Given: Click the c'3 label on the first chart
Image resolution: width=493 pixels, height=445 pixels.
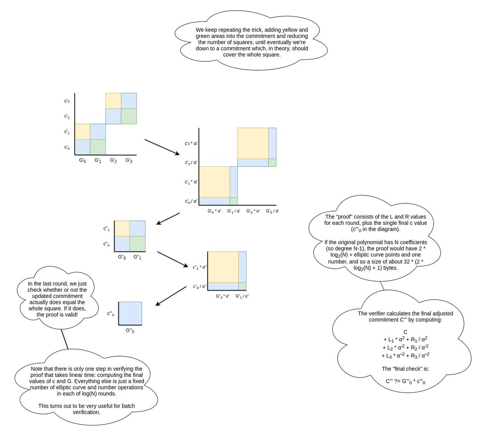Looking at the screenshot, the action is tap(67, 101).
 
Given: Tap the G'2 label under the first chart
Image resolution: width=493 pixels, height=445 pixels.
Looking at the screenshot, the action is tap(113, 161).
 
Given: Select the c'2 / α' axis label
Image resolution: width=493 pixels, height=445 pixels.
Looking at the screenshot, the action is tap(191, 163).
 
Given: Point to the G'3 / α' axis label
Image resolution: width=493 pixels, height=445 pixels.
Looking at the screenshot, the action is tap(272, 211).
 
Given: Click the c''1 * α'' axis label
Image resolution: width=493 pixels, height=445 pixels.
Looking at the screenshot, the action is tap(200, 267).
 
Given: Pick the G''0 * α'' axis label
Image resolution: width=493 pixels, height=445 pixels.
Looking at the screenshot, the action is tap(223, 296).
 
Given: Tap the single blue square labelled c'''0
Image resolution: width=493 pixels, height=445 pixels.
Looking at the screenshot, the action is tap(130, 314).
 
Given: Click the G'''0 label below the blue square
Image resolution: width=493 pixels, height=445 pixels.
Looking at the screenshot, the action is tap(130, 331).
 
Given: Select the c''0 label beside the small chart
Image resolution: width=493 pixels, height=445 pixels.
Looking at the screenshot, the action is tap(106, 244).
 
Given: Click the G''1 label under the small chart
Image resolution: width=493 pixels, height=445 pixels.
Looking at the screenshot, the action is tap(137, 257).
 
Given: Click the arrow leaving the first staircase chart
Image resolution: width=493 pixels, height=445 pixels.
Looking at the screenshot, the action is tap(162, 147).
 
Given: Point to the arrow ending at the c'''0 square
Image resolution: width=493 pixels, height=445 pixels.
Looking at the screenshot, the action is tap(171, 296).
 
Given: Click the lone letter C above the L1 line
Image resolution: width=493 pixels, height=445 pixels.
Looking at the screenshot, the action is tap(405, 332).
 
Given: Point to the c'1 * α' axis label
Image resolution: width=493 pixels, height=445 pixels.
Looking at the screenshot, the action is tap(191, 182).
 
